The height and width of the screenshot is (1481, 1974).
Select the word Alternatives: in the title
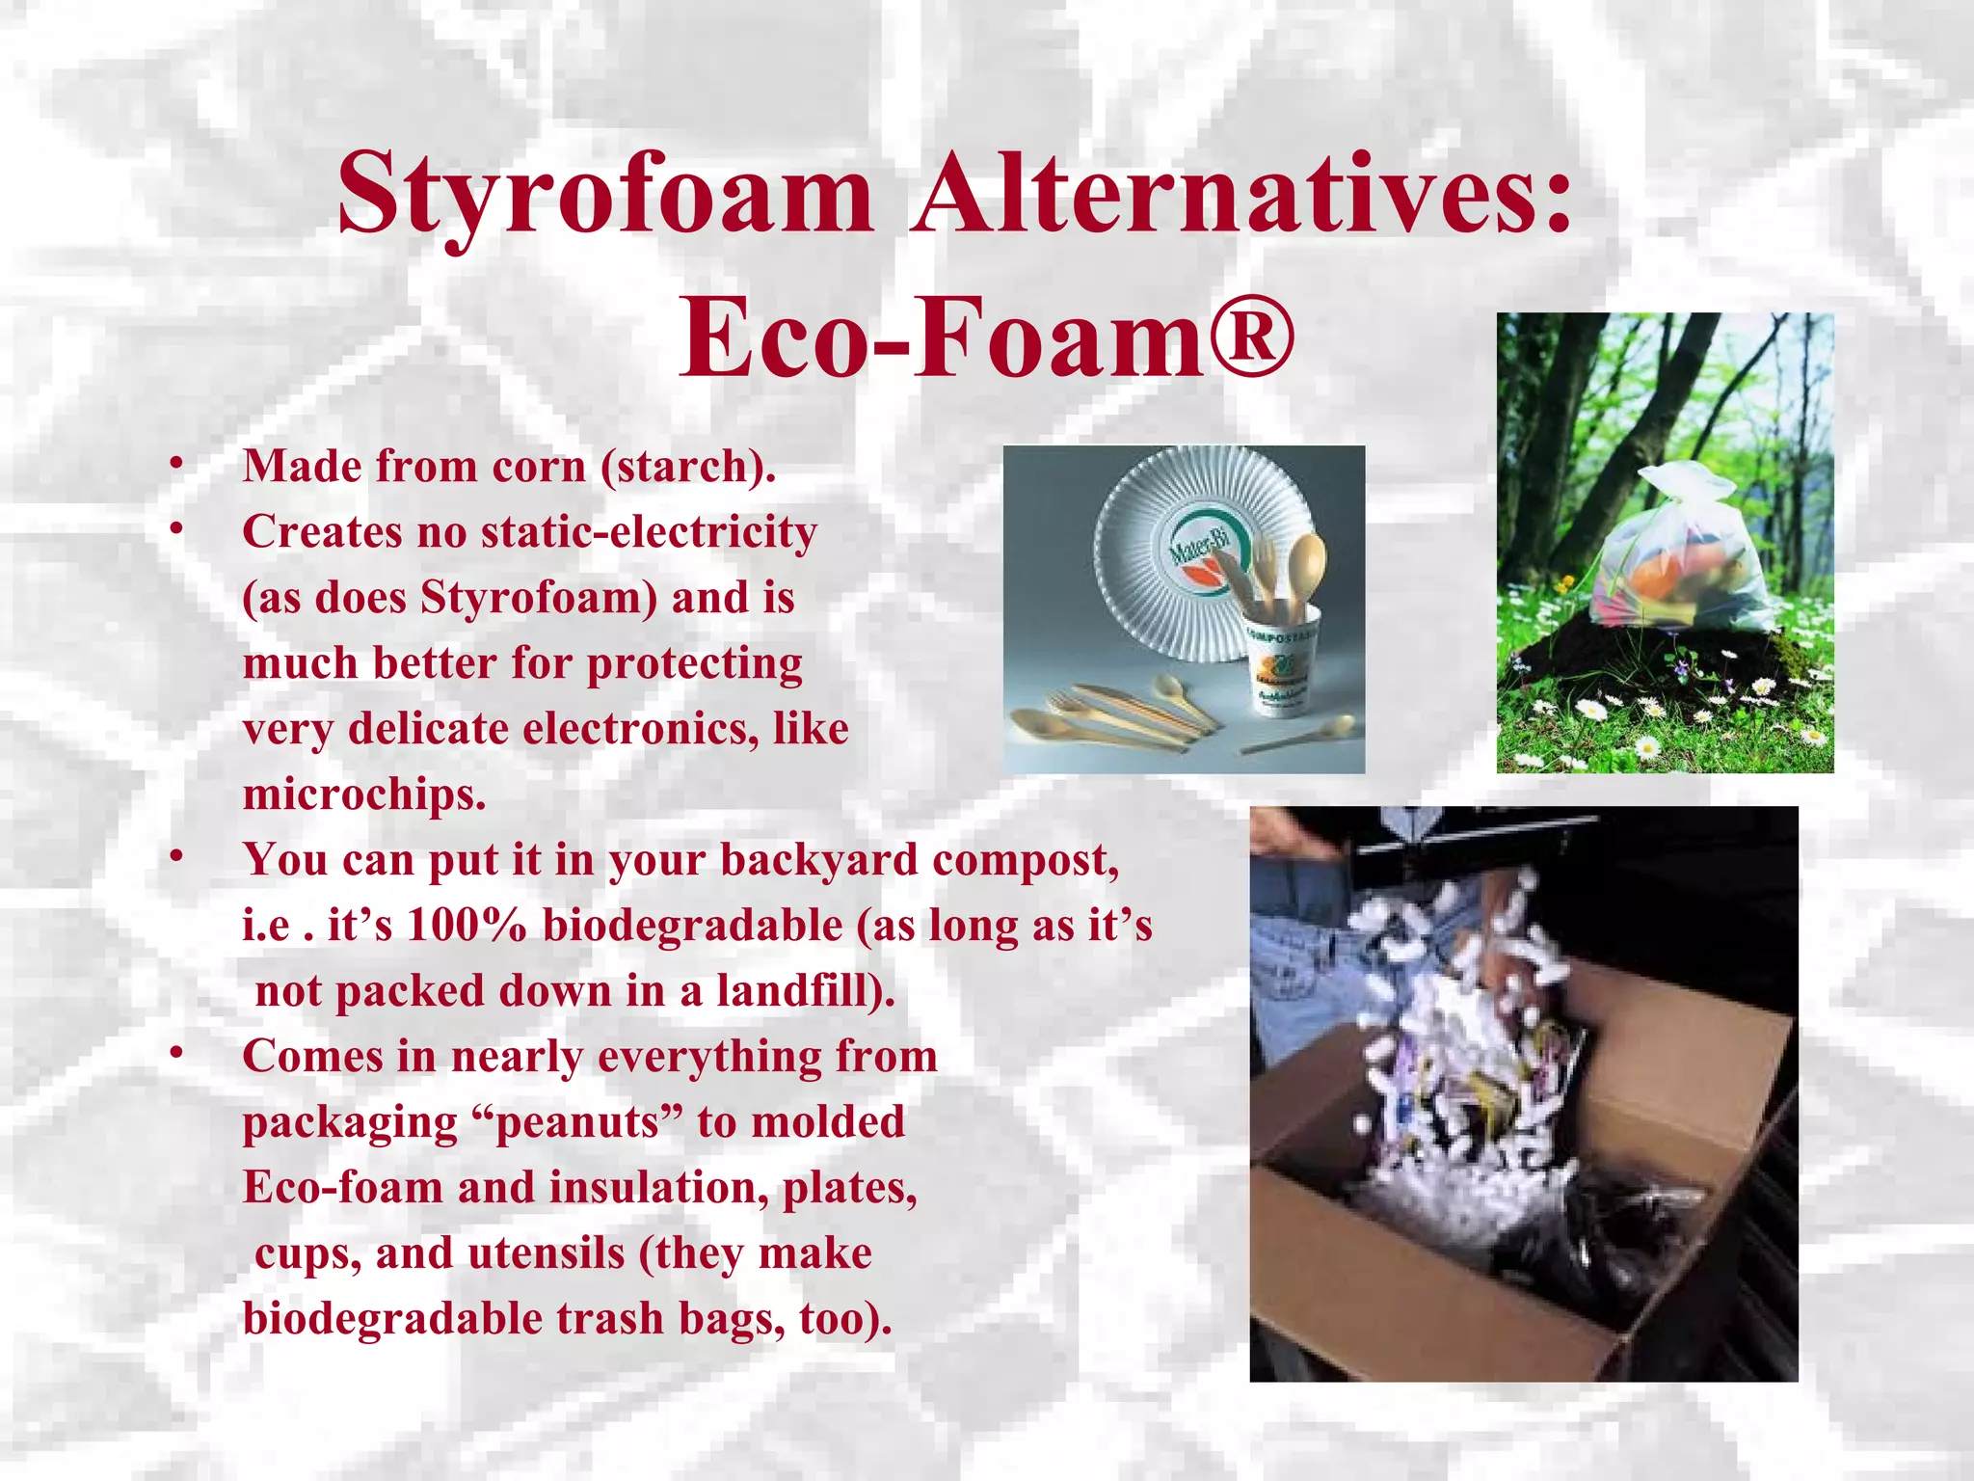1243,196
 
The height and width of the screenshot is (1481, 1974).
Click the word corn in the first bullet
539,467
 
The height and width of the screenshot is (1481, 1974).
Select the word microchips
364,794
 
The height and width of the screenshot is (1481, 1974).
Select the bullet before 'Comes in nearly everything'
175,1055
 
